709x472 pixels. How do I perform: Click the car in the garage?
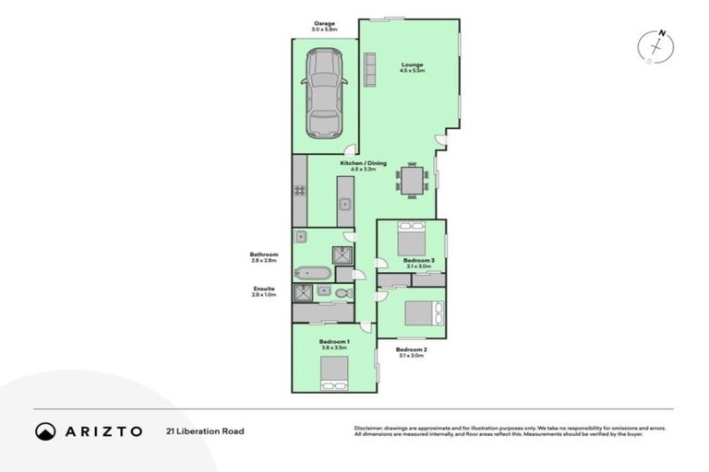(x=324, y=93)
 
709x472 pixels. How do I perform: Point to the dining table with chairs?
(x=412, y=179)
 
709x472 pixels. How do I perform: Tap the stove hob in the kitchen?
(x=300, y=191)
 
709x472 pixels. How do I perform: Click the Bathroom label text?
(x=264, y=254)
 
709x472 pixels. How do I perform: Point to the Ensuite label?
(x=264, y=289)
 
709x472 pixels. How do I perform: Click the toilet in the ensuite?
(x=342, y=293)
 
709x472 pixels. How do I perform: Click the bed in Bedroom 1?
(x=333, y=372)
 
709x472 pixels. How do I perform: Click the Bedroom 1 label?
(x=332, y=342)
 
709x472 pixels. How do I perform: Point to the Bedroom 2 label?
(x=411, y=349)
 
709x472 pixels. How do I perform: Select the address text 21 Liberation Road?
(x=205, y=431)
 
